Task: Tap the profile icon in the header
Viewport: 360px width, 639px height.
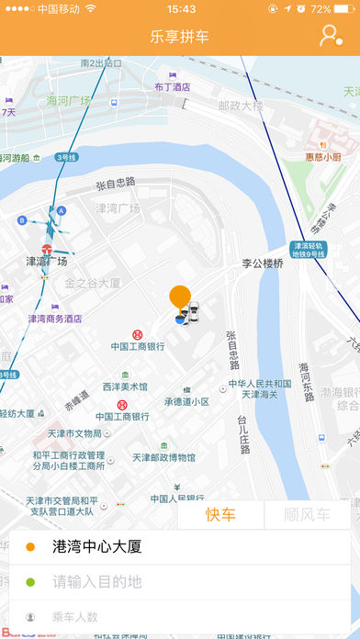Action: (x=330, y=36)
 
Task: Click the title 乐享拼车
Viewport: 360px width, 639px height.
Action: (x=180, y=37)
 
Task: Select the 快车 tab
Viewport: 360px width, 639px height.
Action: (x=220, y=515)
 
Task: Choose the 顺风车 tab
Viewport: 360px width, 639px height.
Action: (x=307, y=515)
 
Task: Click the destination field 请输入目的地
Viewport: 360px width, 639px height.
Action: (x=97, y=581)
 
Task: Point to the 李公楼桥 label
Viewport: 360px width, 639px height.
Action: (x=264, y=263)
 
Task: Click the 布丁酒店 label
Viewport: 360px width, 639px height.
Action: (x=172, y=87)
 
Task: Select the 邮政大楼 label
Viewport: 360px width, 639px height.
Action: (x=241, y=106)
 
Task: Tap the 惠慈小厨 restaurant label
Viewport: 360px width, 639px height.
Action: (x=324, y=156)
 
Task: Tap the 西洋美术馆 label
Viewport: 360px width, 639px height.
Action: (x=125, y=387)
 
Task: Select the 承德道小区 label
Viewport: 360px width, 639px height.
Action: (x=186, y=402)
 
